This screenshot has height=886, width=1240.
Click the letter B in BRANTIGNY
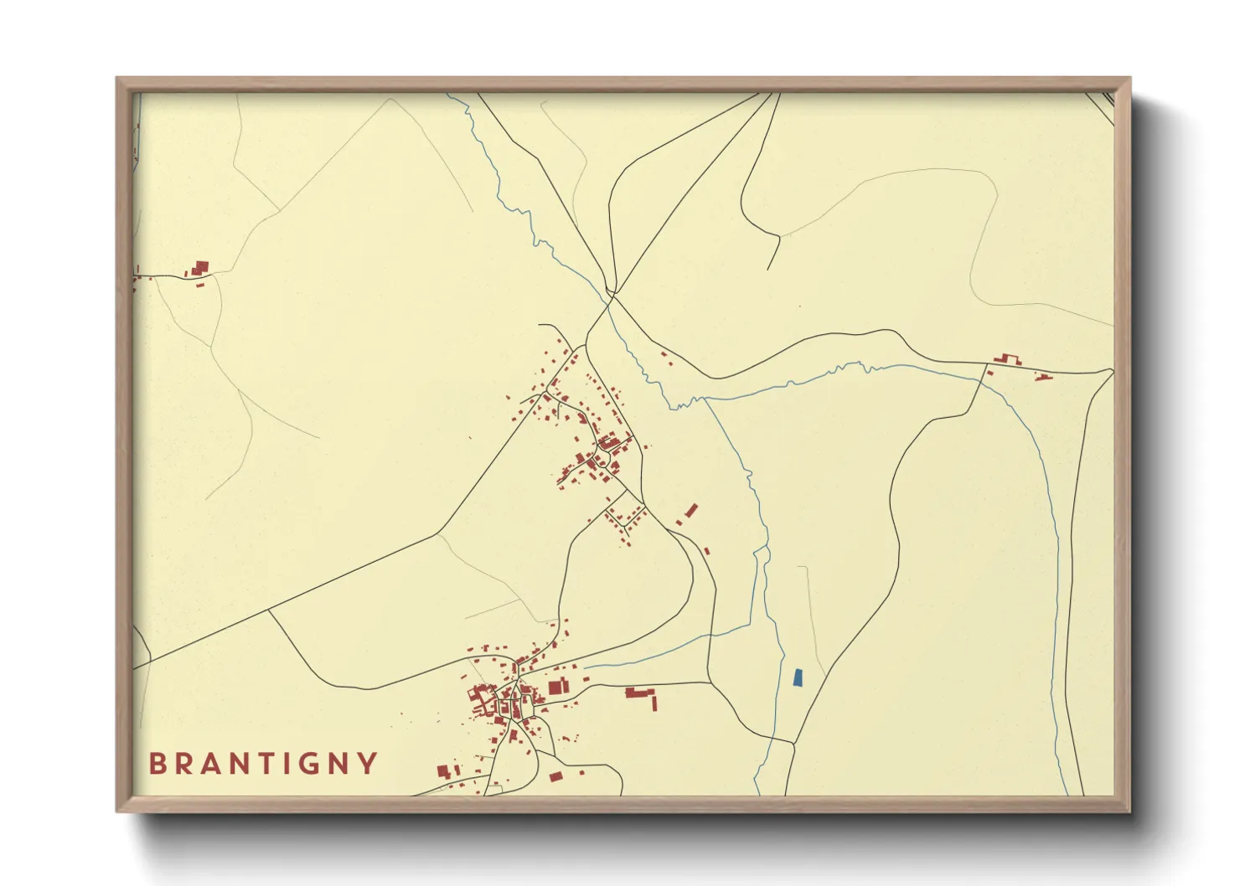tap(157, 764)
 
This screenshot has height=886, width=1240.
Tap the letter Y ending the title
tap(367, 764)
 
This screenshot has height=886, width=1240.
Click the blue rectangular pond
tap(798, 677)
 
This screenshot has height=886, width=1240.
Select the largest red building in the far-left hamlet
tap(200, 268)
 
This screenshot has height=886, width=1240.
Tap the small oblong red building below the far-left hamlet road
tap(200, 286)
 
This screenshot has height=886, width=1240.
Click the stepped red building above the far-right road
tap(1008, 360)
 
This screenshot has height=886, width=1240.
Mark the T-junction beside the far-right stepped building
tap(985, 365)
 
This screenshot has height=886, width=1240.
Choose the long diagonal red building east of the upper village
tap(691, 510)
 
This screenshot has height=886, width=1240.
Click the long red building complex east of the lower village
tap(639, 693)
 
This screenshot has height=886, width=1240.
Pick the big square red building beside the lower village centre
tap(555, 688)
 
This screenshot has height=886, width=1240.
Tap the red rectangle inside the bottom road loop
tap(555, 777)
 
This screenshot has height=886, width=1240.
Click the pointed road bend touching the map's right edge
tap(1113, 369)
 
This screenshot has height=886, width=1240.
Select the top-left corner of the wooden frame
tap(117, 78)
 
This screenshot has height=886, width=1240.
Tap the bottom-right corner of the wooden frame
tap(1129, 811)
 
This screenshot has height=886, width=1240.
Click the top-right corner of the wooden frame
tap(1129, 78)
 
